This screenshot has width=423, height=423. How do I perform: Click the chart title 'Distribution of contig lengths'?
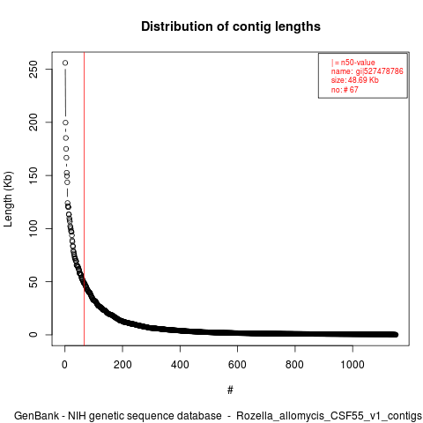pyautogui.click(x=231, y=26)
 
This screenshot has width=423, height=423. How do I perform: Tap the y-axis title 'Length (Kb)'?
pyautogui.click(x=8, y=199)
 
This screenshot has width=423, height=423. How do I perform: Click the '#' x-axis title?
pyautogui.click(x=230, y=390)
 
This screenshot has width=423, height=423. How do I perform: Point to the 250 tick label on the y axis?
pyautogui.click(x=33, y=69)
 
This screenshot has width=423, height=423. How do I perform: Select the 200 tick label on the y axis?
pyautogui.click(x=33, y=122)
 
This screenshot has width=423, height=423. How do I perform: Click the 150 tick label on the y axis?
pyautogui.click(x=33, y=175)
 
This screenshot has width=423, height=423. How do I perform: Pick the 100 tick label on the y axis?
pyautogui.click(x=33, y=228)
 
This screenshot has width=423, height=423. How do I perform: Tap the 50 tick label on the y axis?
pyautogui.click(x=33, y=281)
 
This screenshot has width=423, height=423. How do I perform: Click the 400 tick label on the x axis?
pyautogui.click(x=180, y=365)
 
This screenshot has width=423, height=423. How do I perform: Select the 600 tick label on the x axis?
pyautogui.click(x=237, y=365)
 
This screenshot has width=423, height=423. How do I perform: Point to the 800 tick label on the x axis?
pyautogui.click(x=294, y=365)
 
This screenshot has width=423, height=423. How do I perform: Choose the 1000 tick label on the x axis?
pyautogui.click(x=352, y=365)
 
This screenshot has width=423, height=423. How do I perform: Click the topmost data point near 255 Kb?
pyautogui.click(x=65, y=63)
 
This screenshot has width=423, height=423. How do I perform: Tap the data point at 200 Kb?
pyautogui.click(x=65, y=122)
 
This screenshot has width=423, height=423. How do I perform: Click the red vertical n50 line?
pyautogui.click(x=85, y=199)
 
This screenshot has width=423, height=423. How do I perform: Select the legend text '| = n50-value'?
pyautogui.click(x=353, y=63)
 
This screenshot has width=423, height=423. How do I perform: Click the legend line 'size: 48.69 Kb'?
pyautogui.click(x=355, y=80)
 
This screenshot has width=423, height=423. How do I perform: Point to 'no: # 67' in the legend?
pyautogui.click(x=345, y=90)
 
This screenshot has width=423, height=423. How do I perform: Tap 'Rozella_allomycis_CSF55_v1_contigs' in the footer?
pyautogui.click(x=329, y=416)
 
